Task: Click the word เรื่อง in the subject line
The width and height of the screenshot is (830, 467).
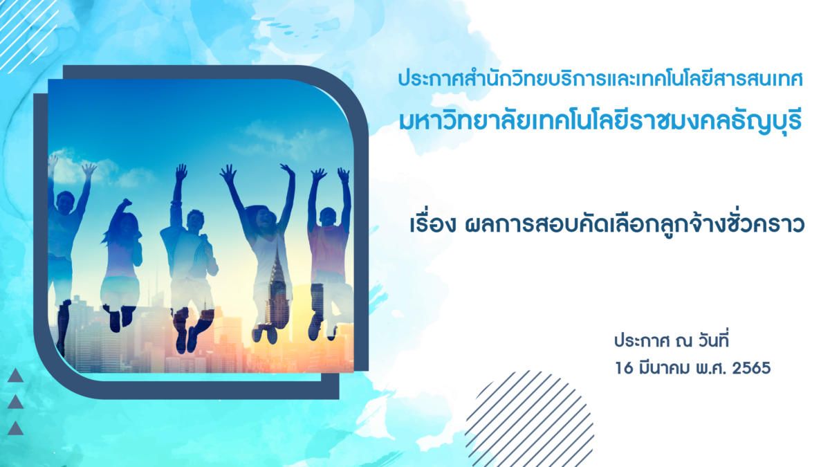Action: (432, 225)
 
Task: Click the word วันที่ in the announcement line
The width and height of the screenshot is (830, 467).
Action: (713, 340)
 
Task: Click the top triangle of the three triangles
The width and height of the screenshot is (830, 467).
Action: (15, 376)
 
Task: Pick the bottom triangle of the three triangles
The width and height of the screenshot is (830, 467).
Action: (15, 428)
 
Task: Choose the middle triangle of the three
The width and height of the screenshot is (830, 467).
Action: (15, 402)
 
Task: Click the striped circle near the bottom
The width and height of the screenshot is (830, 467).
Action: (529, 419)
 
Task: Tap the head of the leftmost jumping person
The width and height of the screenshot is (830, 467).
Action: (65, 202)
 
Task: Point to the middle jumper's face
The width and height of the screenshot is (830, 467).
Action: (194, 221)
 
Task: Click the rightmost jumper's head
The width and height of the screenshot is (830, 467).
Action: (328, 217)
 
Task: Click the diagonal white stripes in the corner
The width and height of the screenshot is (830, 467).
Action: (28, 33)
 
